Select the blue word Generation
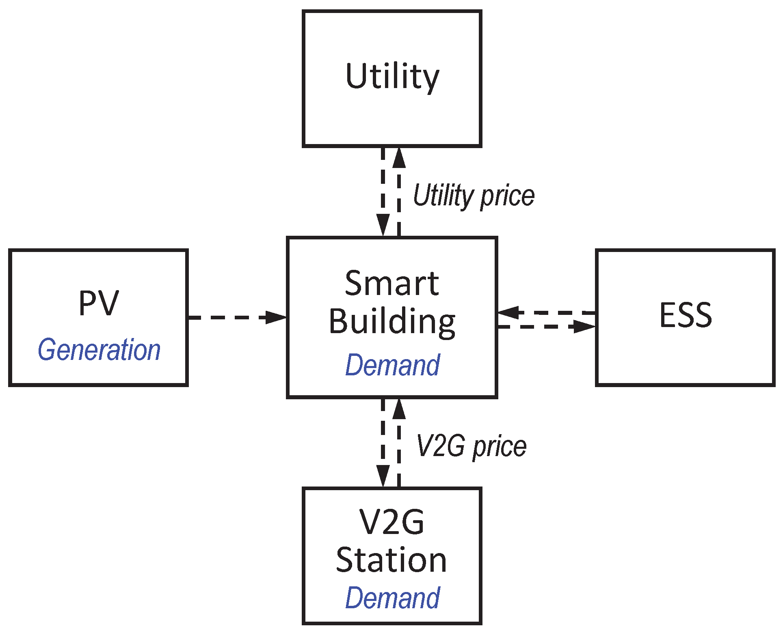point(99,350)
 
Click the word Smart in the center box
point(392,283)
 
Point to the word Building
point(392,321)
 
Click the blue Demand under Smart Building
point(392,365)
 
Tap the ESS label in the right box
point(686,315)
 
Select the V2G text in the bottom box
point(392,522)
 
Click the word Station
point(391,560)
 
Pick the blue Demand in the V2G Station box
point(392,598)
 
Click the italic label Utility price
point(474,196)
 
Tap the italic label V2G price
point(471,446)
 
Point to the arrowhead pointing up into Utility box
point(399,158)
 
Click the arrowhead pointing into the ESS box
point(585,326)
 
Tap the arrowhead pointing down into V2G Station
point(383,476)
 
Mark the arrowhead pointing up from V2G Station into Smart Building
point(399,409)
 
